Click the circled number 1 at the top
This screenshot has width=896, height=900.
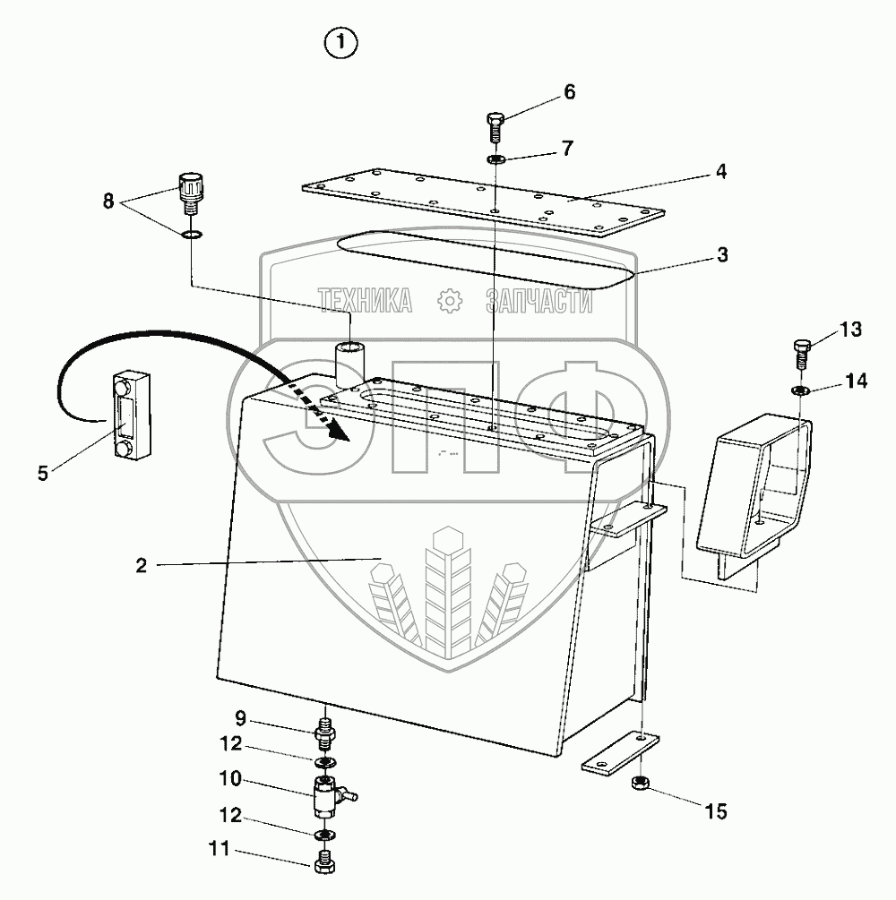341,42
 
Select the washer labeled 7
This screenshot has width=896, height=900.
496,159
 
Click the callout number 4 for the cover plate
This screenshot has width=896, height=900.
722,170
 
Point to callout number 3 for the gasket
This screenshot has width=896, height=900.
722,256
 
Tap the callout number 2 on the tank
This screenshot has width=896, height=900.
141,565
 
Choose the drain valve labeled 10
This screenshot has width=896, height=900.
326,794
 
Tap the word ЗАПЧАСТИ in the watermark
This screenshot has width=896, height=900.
538,302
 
